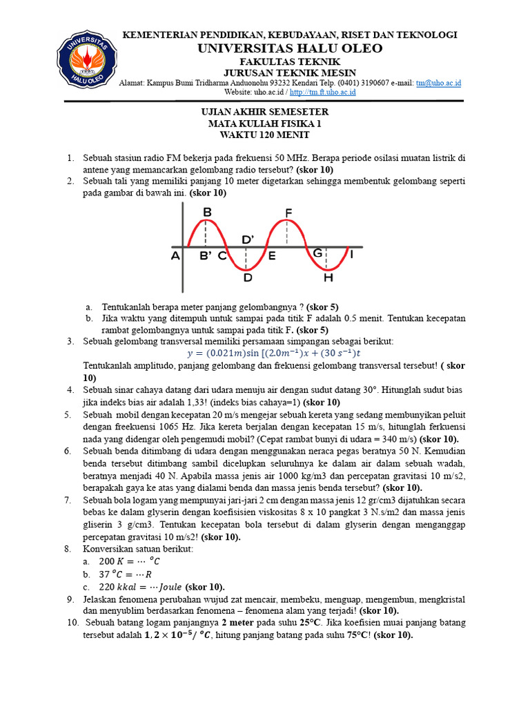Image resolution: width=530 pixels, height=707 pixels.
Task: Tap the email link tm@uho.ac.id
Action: pos(438,83)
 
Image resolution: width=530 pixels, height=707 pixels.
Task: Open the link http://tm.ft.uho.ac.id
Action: pos(323,93)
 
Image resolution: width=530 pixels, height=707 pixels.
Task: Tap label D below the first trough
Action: pos(246,278)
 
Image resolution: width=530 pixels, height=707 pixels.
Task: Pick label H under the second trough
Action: pos(328,278)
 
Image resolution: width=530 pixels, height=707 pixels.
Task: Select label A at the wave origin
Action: pos(175,256)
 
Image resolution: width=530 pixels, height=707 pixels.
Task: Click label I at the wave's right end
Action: pos(352,255)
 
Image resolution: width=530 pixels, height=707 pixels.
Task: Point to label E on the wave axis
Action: pos(272,256)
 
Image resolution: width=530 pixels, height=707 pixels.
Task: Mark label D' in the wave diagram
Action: pos(248,239)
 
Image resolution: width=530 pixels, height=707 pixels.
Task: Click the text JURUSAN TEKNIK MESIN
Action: pos(290,72)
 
